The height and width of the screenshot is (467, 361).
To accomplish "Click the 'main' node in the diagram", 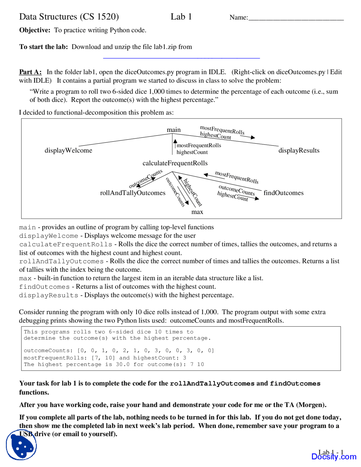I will [173, 130].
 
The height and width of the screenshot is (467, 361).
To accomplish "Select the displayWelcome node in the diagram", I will [68, 150].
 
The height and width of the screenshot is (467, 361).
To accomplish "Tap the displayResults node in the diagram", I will [299, 150].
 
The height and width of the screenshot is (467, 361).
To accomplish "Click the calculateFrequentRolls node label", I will [175, 163].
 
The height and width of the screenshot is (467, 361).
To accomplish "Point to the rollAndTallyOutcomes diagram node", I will [133, 193].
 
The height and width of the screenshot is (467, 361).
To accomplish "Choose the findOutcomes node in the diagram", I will [283, 193].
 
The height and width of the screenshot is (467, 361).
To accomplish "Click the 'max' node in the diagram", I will [197, 212].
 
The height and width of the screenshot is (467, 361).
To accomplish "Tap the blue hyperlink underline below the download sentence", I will [181, 58].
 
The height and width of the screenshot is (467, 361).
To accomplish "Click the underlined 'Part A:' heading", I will [30, 72].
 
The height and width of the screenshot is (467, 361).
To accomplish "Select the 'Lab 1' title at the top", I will [181, 17].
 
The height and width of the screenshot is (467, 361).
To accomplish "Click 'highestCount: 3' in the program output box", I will [160, 358].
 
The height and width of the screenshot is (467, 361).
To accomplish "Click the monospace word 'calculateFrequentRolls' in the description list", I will [65, 244].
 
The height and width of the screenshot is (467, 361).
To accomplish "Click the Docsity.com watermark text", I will [334, 457].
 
